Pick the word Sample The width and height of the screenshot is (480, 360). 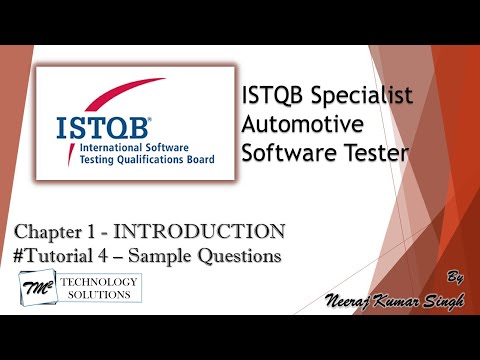tap(184, 256)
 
